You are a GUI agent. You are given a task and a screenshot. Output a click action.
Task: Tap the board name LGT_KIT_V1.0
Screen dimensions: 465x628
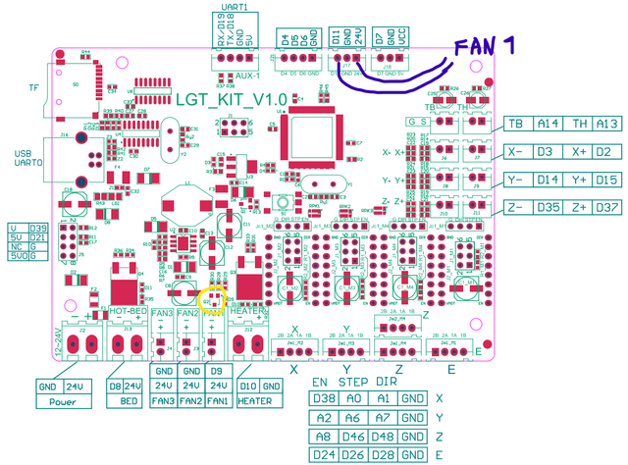[231, 100]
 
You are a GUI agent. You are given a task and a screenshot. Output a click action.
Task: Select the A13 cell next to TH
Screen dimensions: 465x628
[609, 124]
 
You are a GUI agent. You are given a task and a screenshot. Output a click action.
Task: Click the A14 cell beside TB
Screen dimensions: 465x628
[549, 124]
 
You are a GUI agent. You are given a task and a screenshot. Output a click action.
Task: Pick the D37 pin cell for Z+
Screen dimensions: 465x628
[609, 208]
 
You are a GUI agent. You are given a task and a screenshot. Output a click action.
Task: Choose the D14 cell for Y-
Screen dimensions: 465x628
[549, 180]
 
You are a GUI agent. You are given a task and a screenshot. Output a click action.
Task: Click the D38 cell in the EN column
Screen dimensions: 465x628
[323, 399]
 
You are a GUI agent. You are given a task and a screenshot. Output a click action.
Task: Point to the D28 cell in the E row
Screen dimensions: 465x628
[386, 454]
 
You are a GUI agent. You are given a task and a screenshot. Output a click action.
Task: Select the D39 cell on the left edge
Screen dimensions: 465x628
[38, 228]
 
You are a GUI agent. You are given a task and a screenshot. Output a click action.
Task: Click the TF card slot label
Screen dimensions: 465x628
[34, 87]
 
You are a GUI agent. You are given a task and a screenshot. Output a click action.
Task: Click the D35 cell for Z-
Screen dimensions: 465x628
[549, 208]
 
